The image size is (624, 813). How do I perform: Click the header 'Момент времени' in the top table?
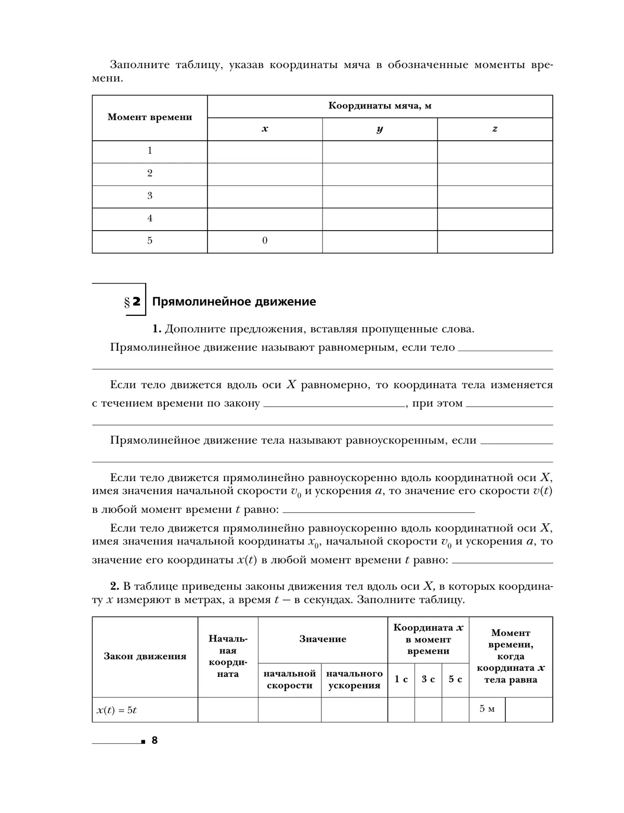pyautogui.click(x=150, y=117)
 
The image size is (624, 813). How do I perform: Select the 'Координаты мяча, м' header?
pyautogui.click(x=380, y=106)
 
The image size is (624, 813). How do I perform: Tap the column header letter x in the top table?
pyautogui.click(x=265, y=129)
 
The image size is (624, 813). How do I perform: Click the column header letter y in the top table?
pyautogui.click(x=380, y=129)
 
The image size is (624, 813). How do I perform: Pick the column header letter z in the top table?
pyautogui.click(x=495, y=129)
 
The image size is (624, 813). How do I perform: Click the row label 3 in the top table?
pyautogui.click(x=150, y=196)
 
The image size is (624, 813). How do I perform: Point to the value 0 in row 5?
pyautogui.click(x=265, y=241)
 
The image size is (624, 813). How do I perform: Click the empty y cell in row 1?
pyautogui.click(x=380, y=151)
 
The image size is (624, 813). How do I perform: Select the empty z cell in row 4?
pyautogui.click(x=495, y=219)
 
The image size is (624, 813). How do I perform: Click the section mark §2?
pyautogui.click(x=133, y=302)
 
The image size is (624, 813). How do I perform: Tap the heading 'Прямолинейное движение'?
pyautogui.click(x=234, y=302)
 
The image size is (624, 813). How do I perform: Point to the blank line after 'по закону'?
pyautogui.click(x=334, y=403)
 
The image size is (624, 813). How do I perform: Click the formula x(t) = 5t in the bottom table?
pyautogui.click(x=116, y=710)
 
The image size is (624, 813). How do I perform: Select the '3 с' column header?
pyautogui.click(x=428, y=679)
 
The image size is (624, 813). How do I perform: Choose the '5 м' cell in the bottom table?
pyautogui.click(x=487, y=709)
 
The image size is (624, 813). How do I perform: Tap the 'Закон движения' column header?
pyautogui.click(x=145, y=657)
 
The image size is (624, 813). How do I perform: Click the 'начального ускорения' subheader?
pyautogui.click(x=354, y=679)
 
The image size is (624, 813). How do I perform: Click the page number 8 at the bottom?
pyautogui.click(x=154, y=741)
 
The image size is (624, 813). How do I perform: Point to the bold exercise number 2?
pyautogui.click(x=115, y=587)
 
